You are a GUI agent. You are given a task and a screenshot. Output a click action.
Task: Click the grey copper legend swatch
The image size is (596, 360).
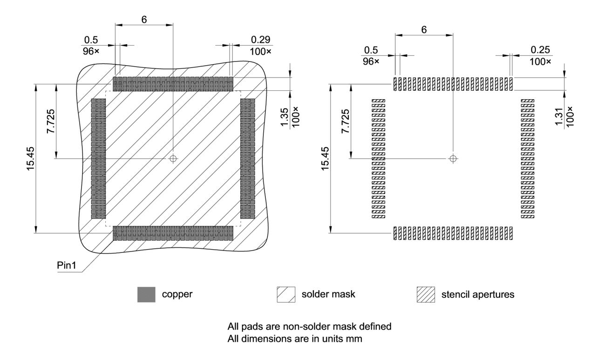[146, 295]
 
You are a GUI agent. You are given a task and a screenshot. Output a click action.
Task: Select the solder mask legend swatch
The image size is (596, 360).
[286, 295]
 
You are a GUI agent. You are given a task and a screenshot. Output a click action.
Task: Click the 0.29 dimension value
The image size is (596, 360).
[260, 40]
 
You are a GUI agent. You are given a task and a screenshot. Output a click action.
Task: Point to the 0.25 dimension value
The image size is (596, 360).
[540, 49]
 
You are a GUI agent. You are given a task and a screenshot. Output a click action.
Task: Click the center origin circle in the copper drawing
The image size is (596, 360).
[173, 158]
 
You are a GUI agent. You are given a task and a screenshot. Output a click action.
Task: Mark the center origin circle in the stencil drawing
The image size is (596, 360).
[453, 158]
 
